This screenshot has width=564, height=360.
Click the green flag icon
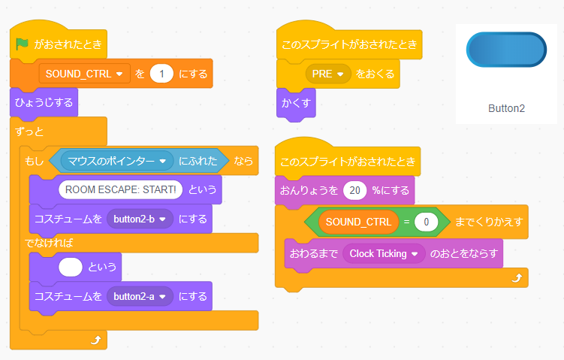23,44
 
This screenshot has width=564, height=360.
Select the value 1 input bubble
161,74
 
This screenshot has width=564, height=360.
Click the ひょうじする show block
44,102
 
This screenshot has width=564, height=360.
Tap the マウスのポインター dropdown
120,160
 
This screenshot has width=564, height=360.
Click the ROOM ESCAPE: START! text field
120,189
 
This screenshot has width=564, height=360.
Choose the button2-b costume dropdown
140,218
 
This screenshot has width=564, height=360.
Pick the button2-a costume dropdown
140,296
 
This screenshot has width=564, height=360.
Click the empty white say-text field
69,267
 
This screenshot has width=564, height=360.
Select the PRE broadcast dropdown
328,74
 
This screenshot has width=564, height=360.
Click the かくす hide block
296,102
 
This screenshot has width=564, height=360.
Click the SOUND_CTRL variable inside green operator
358,222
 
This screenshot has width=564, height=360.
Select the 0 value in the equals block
425,222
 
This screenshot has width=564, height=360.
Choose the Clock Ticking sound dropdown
384,254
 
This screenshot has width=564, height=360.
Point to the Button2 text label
506,108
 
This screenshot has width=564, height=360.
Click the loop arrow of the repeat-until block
515,277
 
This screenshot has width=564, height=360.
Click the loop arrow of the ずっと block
95,340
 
